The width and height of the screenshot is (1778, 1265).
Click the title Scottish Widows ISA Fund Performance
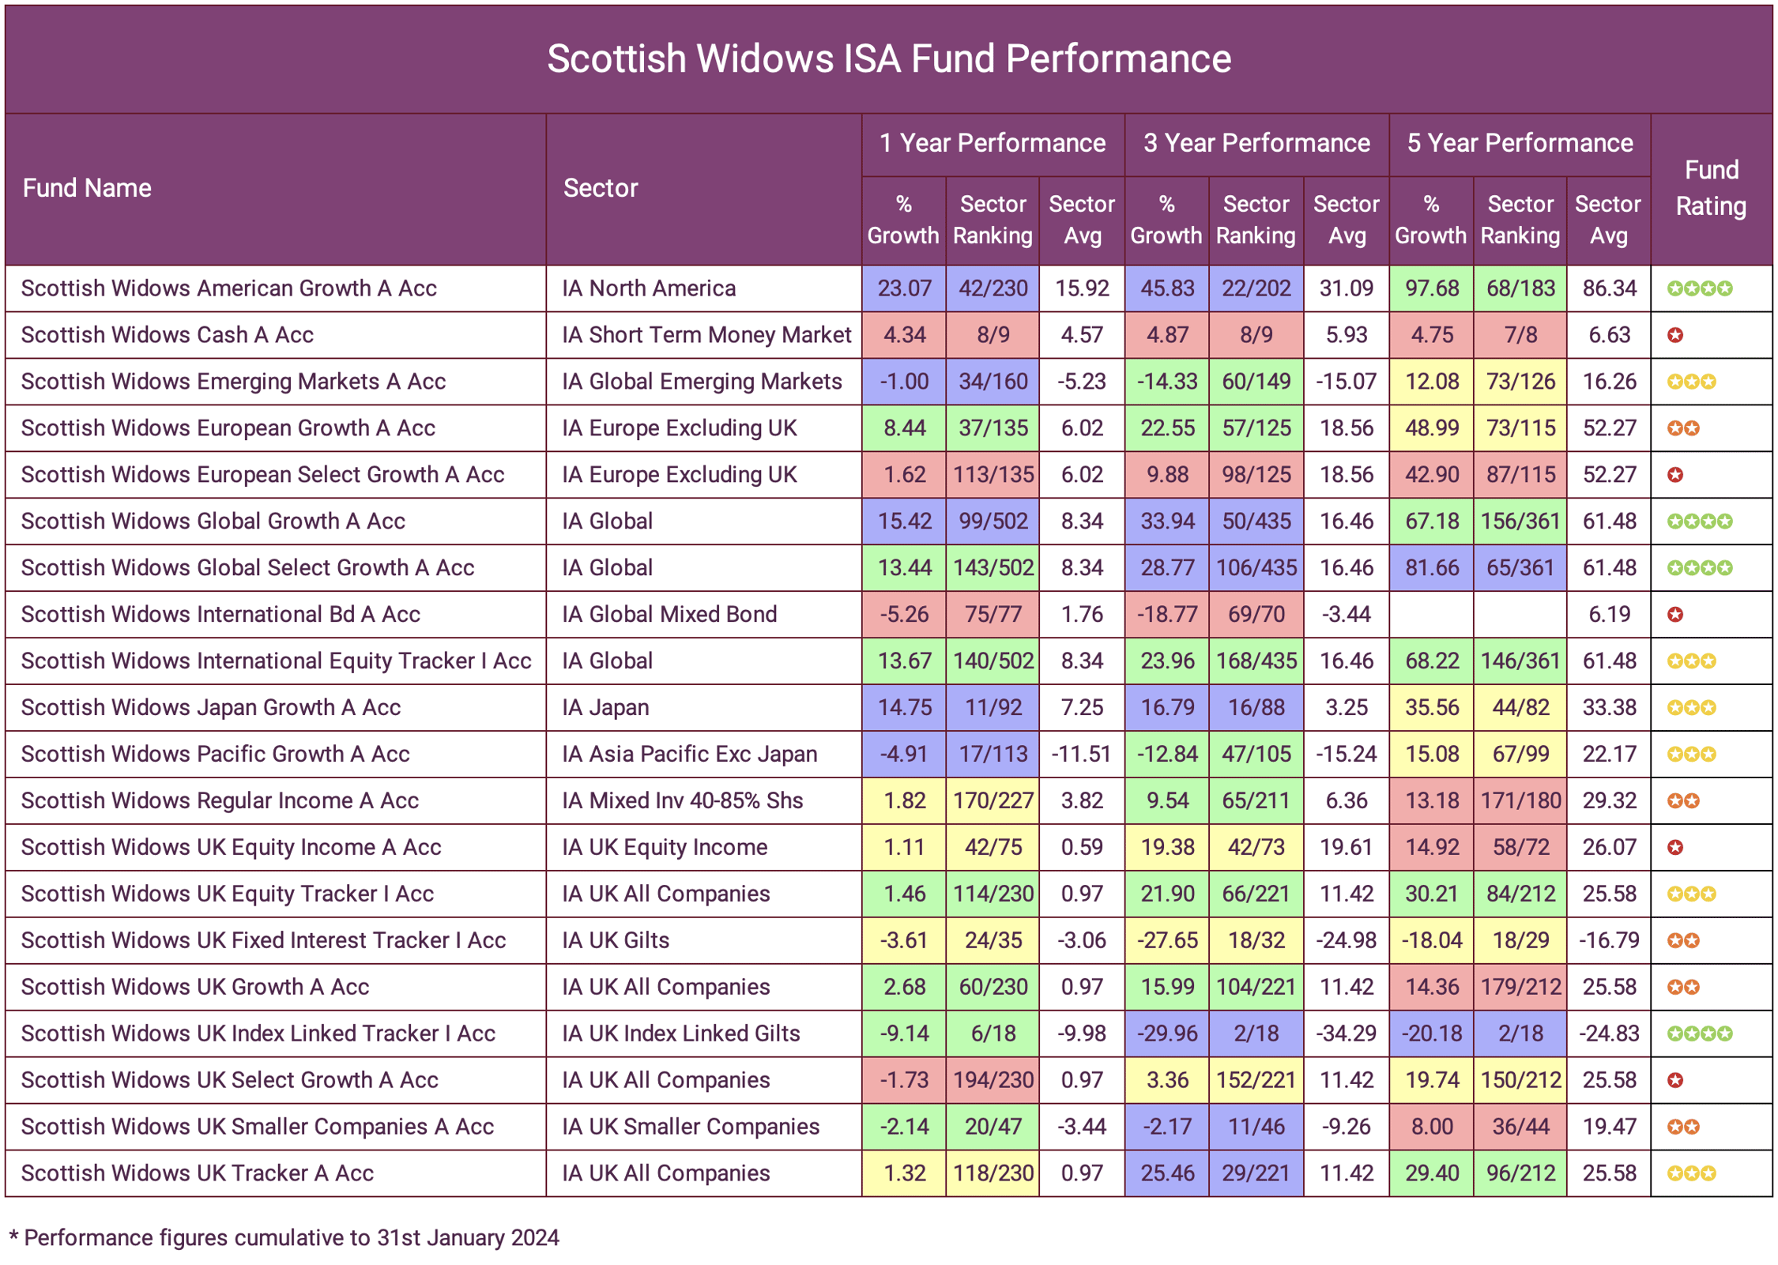pyautogui.click(x=888, y=58)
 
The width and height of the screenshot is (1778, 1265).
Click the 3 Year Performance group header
pyautogui.click(x=1256, y=143)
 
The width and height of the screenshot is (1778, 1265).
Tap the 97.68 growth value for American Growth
pyautogui.click(x=1431, y=288)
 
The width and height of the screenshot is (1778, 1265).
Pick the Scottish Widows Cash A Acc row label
pyautogui.click(x=167, y=335)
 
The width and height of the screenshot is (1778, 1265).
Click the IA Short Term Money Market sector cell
pyautogui.click(x=706, y=335)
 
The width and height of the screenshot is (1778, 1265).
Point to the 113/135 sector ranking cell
pyautogui.click(x=993, y=475)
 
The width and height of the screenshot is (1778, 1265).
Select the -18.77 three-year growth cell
pyautogui.click(x=1166, y=615)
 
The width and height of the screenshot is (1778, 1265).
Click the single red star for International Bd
pyautogui.click(x=1674, y=615)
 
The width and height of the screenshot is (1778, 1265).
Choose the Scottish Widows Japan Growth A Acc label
pyautogui.click(x=210, y=708)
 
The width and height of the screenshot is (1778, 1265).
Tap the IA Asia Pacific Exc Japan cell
pyautogui.click(x=689, y=755)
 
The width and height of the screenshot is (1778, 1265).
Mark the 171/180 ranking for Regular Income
pyautogui.click(x=1520, y=801)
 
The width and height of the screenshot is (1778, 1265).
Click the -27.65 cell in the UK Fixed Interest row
pyautogui.click(x=1166, y=941)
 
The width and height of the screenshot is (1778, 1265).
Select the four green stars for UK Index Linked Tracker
pyautogui.click(x=1699, y=1034)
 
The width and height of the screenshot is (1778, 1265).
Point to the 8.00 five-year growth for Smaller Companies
pyautogui.click(x=1431, y=1128)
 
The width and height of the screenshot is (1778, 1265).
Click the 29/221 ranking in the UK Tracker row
pyautogui.click(x=1255, y=1174)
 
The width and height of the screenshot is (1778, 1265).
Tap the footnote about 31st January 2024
pyautogui.click(x=284, y=1238)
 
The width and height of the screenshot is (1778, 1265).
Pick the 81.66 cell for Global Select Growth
pyautogui.click(x=1431, y=568)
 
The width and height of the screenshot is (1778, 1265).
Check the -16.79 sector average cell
pyautogui.click(x=1608, y=941)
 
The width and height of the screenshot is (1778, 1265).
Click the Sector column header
pyautogui.click(x=600, y=188)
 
